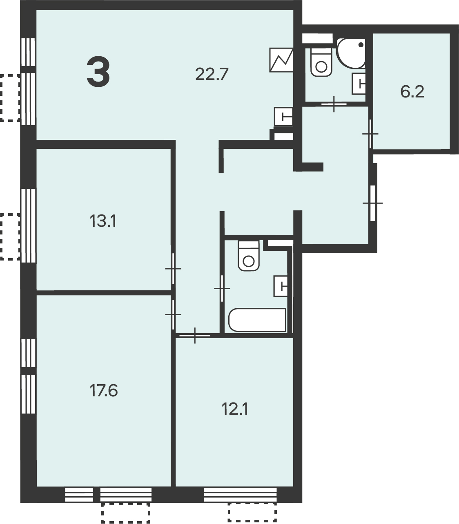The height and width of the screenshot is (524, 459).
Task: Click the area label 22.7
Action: [x=212, y=74]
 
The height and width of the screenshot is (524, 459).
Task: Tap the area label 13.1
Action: [x=103, y=221]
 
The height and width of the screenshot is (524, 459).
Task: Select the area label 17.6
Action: [x=104, y=391]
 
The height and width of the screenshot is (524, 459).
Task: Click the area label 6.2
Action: [x=412, y=92]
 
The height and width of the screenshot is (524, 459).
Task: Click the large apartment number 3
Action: [x=98, y=73]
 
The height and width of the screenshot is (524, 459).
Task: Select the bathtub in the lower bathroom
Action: [x=257, y=320]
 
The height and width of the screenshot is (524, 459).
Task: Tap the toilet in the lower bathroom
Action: [x=248, y=256]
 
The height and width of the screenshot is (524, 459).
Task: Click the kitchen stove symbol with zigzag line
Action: [x=281, y=60]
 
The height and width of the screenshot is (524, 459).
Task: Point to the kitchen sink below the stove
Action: [x=283, y=117]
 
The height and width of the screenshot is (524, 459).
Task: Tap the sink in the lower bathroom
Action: [x=281, y=286]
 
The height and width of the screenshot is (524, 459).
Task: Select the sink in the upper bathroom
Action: [x=359, y=84]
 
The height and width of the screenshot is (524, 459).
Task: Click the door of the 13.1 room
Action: [x=173, y=269]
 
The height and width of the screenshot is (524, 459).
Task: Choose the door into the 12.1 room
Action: [x=195, y=335]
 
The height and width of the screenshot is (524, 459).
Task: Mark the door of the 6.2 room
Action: [x=370, y=134]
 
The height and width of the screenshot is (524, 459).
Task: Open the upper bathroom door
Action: [x=334, y=104]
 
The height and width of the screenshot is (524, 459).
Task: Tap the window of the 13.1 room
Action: [x=28, y=226]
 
